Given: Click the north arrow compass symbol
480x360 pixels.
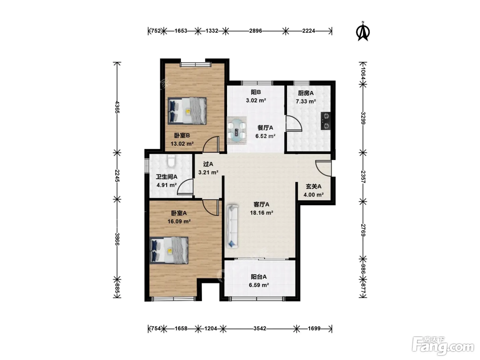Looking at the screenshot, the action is [363, 31].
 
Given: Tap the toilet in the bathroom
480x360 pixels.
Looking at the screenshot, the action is [171, 161].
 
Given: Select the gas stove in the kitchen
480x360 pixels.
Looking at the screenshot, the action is [326, 121].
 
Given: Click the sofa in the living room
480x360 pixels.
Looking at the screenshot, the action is [232, 226].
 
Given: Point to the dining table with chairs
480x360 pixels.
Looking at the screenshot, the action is [237, 131].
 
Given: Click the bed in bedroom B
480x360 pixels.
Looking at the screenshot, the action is [187, 111].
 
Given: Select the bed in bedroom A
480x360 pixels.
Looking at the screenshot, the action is [169, 250].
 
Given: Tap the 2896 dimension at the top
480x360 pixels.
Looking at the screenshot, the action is [255, 31].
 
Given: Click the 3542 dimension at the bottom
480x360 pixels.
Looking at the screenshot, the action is [260, 328].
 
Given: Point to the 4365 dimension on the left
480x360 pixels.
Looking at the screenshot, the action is [117, 107].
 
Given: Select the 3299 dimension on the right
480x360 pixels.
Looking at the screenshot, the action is [363, 118].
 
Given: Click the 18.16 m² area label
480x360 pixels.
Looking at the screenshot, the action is [262, 213].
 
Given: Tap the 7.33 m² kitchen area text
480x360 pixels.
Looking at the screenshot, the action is [306, 101].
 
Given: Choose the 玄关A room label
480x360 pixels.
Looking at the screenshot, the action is [314, 187].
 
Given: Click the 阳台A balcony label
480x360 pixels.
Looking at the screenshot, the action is [259, 277].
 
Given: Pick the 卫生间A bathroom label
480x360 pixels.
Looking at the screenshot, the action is [166, 177].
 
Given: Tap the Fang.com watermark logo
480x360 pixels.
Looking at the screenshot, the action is [443, 346].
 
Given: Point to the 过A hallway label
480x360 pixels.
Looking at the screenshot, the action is [208, 164].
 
